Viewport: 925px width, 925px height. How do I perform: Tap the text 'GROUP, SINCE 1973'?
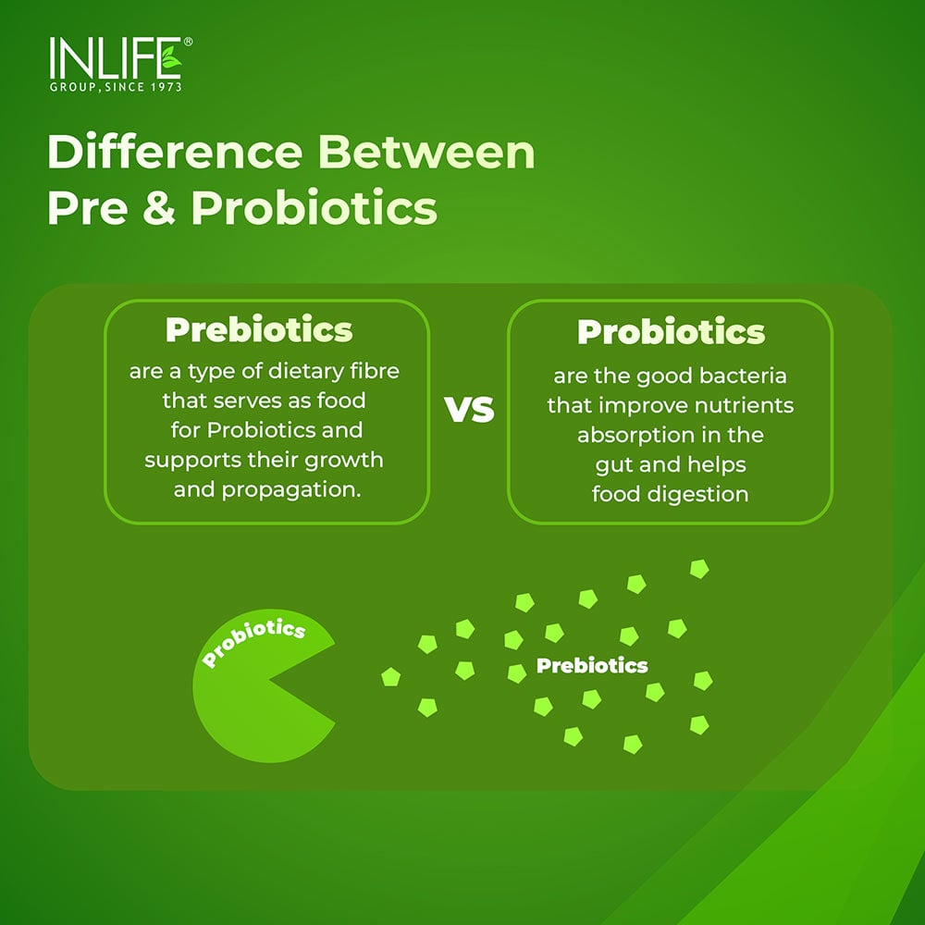pyautogui.click(x=115, y=87)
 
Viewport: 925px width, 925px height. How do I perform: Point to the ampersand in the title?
pyautogui.click(x=156, y=209)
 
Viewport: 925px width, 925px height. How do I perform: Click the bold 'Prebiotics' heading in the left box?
pyautogui.click(x=259, y=329)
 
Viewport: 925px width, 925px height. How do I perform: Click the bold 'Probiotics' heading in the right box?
pyautogui.click(x=671, y=332)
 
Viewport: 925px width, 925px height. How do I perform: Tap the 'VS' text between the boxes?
pyautogui.click(x=471, y=412)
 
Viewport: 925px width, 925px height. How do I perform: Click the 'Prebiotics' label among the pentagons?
pyautogui.click(x=592, y=665)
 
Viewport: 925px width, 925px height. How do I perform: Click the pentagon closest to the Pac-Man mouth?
pyautogui.click(x=390, y=677)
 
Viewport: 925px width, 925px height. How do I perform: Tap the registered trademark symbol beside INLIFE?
pyautogui.click(x=188, y=43)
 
